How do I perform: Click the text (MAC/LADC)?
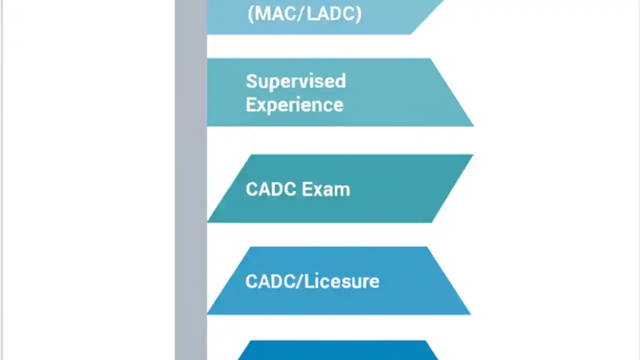[304, 14]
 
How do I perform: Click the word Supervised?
[295, 81]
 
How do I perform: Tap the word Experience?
[294, 105]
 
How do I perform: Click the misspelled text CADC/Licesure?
[312, 281]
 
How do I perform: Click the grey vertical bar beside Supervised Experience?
[191, 92]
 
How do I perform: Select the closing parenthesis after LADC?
[358, 14]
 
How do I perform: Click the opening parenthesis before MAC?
[250, 14]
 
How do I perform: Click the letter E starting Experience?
[250, 105]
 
